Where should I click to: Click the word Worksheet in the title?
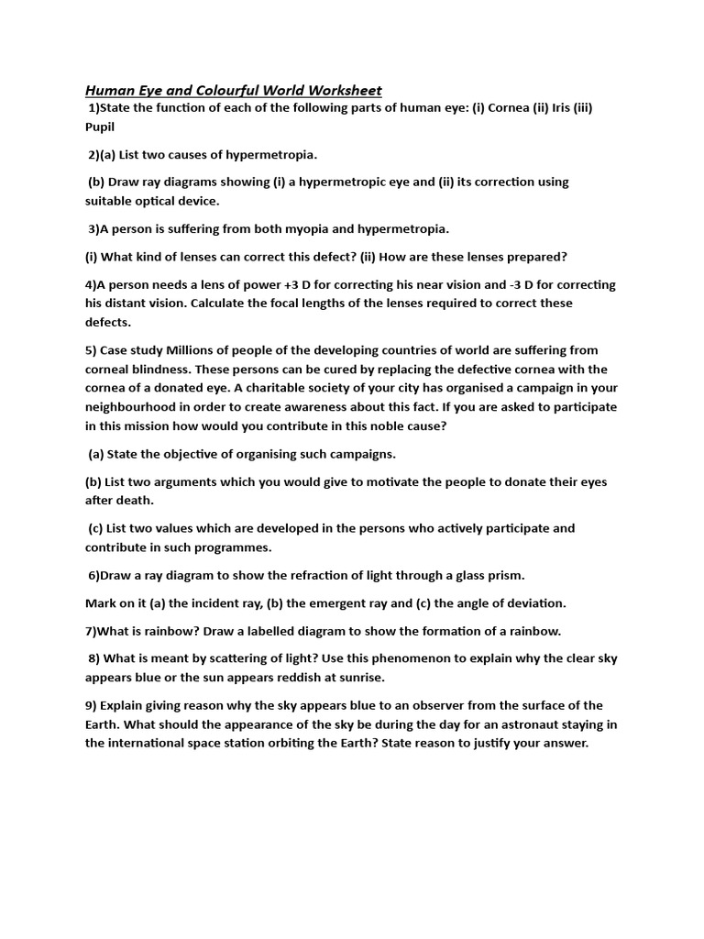pyautogui.click(x=335, y=90)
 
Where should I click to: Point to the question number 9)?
pyautogui.click(x=92, y=705)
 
